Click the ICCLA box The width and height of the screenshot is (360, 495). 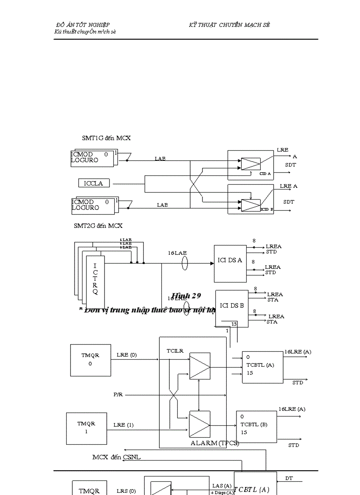point(94,183)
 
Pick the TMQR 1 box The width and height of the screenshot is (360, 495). point(86,428)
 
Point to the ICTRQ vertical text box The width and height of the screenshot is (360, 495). point(95,279)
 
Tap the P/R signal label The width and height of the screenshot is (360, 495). point(118,395)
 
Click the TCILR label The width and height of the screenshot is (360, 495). point(175,351)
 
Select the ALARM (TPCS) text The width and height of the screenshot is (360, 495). point(214,443)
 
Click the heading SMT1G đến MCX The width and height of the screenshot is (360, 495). point(106,138)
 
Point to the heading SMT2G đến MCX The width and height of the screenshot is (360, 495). point(98,226)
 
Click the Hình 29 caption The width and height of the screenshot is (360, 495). point(186,295)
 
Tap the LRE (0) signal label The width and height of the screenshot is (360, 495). point(127,354)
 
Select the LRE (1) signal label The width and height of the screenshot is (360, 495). point(123,425)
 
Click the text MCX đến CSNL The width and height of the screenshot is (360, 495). point(116,457)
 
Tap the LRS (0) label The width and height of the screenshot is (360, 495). point(126,491)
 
